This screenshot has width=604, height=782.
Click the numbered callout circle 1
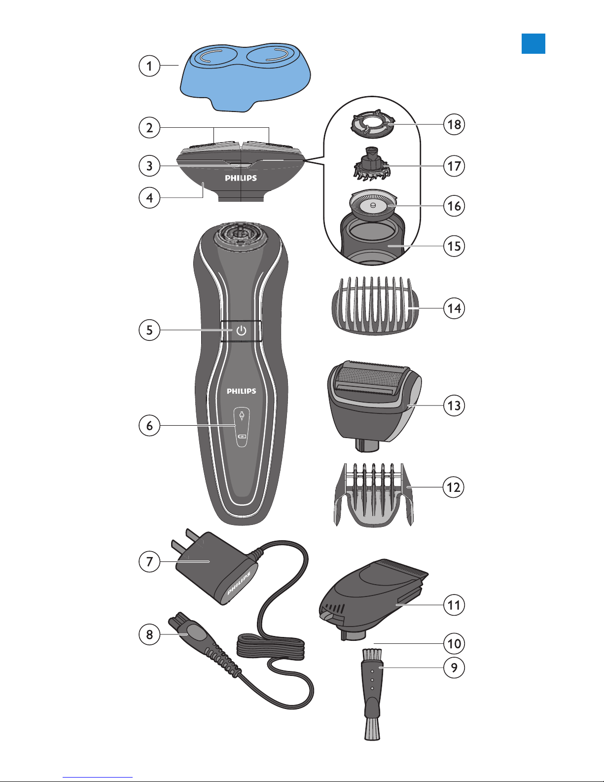(149, 66)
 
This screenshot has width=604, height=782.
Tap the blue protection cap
(245, 77)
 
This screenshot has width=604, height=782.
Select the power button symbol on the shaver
(241, 331)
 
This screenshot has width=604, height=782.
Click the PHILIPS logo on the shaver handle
(241, 391)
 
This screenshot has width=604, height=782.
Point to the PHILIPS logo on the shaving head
(241, 178)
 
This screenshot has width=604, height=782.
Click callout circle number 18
(454, 124)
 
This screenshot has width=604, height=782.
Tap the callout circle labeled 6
(149, 425)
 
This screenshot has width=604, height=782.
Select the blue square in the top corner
(533, 43)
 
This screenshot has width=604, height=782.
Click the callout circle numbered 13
(454, 406)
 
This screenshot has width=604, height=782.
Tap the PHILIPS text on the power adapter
(239, 584)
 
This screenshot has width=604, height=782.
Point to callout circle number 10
(454, 643)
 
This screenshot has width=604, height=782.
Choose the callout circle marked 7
(149, 561)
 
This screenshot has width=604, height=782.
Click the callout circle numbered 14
(454, 308)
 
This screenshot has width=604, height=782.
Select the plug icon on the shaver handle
(242, 415)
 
